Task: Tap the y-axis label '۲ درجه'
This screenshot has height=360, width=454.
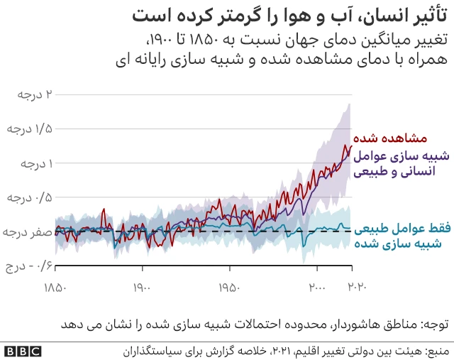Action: [x=31, y=94]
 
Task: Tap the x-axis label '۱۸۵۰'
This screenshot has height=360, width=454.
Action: [x=55, y=288]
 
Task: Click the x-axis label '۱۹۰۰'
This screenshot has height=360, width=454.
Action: [x=143, y=288]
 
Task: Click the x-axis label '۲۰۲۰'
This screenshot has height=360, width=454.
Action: [x=355, y=288]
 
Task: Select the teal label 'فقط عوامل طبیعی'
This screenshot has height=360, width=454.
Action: [x=404, y=229]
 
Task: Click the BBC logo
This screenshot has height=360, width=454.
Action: [x=22, y=351]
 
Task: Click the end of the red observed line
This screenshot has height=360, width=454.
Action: [x=351, y=146]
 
